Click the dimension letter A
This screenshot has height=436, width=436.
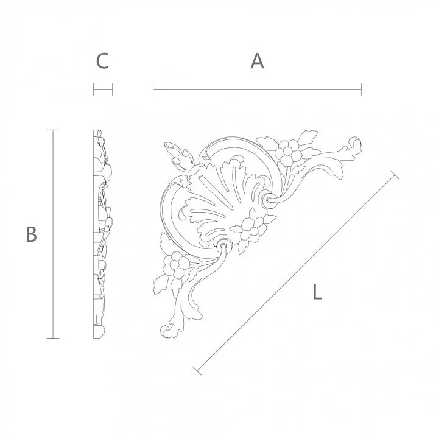[258, 61]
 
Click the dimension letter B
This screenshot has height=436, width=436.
[32, 234]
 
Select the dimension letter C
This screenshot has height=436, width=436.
[102, 61]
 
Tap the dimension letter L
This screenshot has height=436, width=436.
[317, 292]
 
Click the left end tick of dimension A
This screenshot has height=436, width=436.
[153, 90]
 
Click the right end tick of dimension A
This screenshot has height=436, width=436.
[362, 90]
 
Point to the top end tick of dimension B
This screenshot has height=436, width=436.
[54, 130]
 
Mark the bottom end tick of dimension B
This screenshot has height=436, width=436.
[54, 337]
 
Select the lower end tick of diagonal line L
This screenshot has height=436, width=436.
[197, 369]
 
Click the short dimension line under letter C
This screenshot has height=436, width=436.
[103, 90]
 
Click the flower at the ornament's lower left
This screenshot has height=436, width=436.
[178, 264]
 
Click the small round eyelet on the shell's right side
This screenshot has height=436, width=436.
[270, 199]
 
